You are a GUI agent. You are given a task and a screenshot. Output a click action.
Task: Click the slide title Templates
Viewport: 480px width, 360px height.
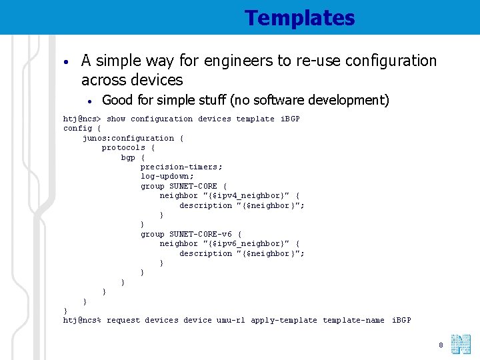299,18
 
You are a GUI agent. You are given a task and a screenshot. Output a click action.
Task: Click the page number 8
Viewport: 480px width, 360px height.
441,345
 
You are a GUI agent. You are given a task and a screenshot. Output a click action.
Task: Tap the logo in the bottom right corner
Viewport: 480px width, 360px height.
461,345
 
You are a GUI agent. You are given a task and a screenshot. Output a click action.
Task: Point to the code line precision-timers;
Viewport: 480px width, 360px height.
181,167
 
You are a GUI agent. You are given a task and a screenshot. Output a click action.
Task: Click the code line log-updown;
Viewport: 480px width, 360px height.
167,177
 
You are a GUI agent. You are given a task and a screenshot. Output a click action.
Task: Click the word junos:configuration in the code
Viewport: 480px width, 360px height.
128,138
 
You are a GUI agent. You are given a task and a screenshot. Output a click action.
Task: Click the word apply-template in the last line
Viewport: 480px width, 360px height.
284,321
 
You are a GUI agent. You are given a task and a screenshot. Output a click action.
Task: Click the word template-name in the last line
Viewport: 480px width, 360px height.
353,321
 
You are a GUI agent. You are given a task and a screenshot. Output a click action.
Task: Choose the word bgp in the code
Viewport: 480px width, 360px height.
128,157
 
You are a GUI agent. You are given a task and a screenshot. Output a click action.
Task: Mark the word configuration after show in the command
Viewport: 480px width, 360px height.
162,119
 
